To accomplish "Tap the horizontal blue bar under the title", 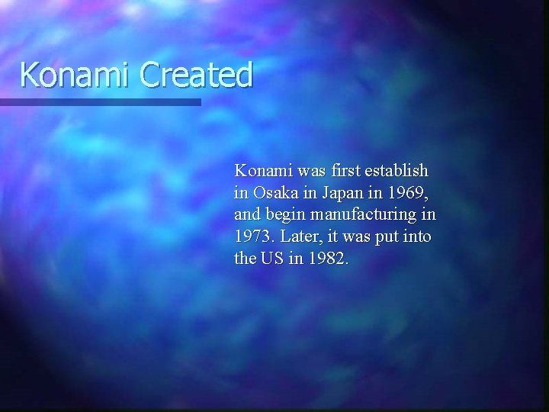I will (100, 101).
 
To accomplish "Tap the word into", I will (416, 237).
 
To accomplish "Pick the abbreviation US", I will (273, 259).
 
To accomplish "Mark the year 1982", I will (328, 259).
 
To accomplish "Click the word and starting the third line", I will (247, 214).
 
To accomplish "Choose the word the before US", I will (246, 259).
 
